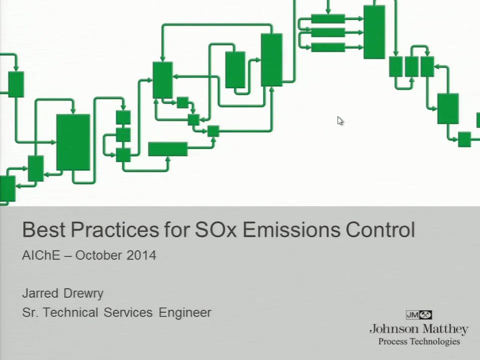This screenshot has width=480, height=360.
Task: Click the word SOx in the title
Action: [x=216, y=229]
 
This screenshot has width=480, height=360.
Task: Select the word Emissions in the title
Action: [x=291, y=229]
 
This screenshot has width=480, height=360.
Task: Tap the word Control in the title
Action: [x=380, y=229]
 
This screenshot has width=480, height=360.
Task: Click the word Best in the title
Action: [x=43, y=229]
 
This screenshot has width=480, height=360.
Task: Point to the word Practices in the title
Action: [x=115, y=229]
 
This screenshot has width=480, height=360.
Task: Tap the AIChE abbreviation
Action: [x=41, y=255]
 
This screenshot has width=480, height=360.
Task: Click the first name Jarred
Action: [x=40, y=293]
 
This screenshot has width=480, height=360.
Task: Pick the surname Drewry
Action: [x=83, y=293]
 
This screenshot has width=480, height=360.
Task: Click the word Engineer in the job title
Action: [x=185, y=312]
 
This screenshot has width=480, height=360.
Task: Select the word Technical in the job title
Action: [x=70, y=312]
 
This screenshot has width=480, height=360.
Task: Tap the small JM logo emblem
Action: [x=419, y=314]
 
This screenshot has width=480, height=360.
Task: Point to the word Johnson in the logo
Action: [x=394, y=329]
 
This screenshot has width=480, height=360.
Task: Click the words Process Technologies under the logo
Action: [x=419, y=341]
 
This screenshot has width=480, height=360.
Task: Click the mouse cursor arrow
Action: [x=340, y=120]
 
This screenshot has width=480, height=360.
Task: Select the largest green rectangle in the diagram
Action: [x=73, y=142]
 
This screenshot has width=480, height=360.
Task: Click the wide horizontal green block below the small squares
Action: [x=168, y=149]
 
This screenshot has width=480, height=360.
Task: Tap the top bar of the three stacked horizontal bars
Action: [x=328, y=18]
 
